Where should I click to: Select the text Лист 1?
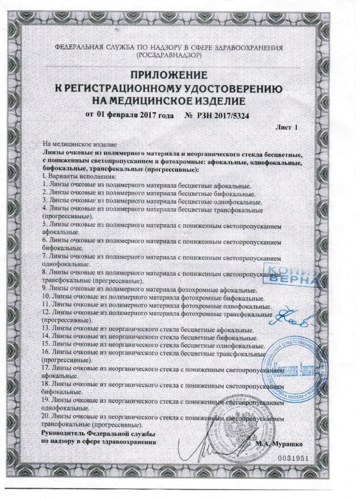[286, 127]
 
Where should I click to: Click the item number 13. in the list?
[47, 331]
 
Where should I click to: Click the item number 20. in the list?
[47, 418]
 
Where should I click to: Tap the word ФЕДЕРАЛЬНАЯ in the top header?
[78, 47]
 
